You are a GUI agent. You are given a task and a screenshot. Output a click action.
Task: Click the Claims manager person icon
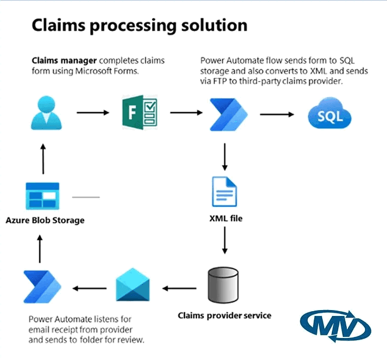(x=47, y=113)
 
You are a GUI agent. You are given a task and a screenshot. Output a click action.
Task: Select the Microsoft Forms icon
(x=140, y=113)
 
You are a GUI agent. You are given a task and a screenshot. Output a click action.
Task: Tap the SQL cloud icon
(x=330, y=113)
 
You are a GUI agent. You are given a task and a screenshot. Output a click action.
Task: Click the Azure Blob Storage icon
(x=42, y=196)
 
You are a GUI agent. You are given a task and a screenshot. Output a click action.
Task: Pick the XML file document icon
(x=225, y=192)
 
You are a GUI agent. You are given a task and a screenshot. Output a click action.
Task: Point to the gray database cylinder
(x=223, y=285)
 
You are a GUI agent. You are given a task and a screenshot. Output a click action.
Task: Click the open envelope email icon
(x=133, y=285)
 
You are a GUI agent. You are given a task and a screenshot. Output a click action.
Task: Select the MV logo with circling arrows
(x=336, y=326)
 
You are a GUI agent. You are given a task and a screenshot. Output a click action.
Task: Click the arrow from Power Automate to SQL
(x=277, y=114)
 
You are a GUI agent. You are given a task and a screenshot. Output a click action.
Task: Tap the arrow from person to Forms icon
(x=93, y=113)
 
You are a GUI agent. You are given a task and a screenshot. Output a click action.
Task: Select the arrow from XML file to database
(x=225, y=240)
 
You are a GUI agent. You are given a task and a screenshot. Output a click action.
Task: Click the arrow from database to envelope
(x=179, y=288)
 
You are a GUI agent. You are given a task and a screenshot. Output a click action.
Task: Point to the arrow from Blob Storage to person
(x=43, y=159)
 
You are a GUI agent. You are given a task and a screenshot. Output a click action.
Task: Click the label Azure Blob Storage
(x=45, y=220)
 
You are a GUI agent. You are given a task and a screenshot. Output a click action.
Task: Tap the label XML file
(x=226, y=218)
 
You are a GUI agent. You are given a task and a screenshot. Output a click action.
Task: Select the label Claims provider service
(x=225, y=315)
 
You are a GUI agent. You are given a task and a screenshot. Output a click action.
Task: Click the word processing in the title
(x=133, y=26)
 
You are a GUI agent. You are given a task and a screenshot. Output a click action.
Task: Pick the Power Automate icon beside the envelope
(x=42, y=286)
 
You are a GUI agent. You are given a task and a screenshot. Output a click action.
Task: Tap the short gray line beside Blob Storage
(x=86, y=197)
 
